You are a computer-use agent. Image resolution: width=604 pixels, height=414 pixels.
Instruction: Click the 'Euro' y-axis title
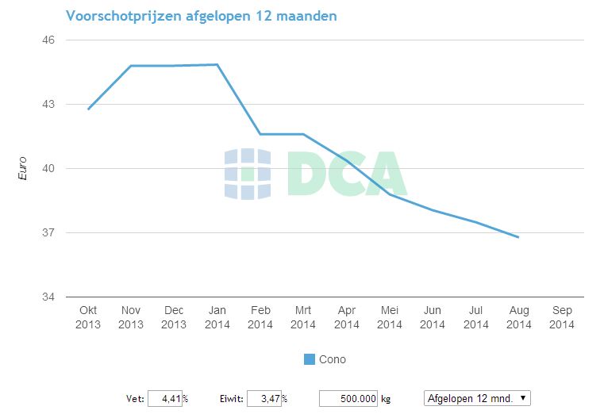[22, 168]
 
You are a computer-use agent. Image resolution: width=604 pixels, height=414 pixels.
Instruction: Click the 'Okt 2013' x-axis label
[88, 317]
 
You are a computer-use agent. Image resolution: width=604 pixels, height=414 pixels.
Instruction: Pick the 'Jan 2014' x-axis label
[217, 317]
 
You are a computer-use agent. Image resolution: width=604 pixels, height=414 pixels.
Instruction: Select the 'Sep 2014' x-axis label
[562, 317]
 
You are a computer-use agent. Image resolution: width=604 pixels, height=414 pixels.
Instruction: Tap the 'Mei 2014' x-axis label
[390, 317]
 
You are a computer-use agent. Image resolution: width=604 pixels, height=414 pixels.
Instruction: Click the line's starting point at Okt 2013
[88, 109]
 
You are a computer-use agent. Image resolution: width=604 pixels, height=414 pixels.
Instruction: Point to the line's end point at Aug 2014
[518, 237]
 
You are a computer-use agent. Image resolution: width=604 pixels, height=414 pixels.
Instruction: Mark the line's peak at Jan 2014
[217, 65]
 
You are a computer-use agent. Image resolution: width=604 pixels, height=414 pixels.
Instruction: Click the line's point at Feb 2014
[260, 134]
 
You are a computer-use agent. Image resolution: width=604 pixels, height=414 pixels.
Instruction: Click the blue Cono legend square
[310, 359]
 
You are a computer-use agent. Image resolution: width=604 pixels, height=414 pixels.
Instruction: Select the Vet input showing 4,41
[165, 398]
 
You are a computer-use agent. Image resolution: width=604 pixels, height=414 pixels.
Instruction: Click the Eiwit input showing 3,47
[264, 398]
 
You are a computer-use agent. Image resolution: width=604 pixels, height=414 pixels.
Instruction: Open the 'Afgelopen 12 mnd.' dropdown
[477, 398]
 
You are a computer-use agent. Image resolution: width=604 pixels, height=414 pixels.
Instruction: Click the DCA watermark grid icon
[248, 174]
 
